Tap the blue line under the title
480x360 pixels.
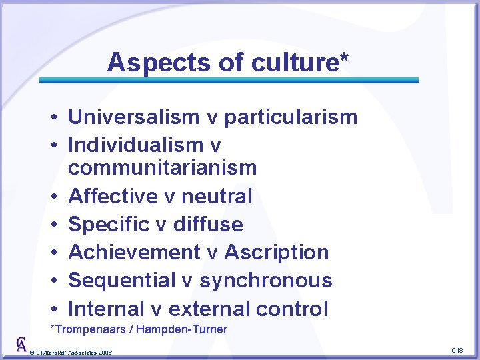[229, 80]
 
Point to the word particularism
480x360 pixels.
[291, 117]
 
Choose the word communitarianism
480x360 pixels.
[162, 167]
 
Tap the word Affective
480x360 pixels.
[112, 196]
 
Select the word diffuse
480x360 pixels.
[208, 224]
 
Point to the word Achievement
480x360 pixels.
[133, 253]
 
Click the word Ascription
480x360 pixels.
[277, 253]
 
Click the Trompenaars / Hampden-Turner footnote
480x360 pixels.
[139, 329]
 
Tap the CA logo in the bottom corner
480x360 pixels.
[21, 345]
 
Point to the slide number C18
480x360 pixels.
[457, 350]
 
